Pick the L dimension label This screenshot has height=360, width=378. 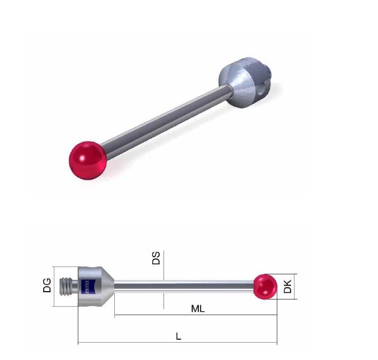tap(178, 336)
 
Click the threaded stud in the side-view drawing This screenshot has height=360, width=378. tap(71, 286)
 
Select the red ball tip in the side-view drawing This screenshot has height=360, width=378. tap(265, 287)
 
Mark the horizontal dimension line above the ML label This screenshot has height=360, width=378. tap(196, 315)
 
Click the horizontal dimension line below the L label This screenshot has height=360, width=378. tap(178, 343)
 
